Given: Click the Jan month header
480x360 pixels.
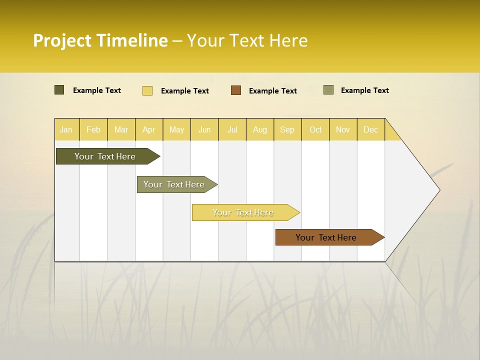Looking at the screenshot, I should click(x=66, y=129).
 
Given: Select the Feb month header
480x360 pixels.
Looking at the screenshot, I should click(x=93, y=129).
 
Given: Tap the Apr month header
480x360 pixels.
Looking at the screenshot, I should click(x=148, y=129).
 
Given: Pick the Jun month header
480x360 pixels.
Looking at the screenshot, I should click(x=204, y=129).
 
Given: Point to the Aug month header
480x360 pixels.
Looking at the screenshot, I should click(x=259, y=129).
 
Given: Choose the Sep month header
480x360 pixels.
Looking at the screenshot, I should click(x=287, y=129).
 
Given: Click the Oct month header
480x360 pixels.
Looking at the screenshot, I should click(x=315, y=129).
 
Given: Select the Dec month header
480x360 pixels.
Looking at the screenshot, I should click(x=370, y=129).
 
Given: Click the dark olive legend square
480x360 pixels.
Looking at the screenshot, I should click(x=59, y=90).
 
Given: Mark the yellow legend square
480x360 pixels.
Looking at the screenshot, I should click(x=147, y=90).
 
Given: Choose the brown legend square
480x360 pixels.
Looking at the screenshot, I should click(x=236, y=90).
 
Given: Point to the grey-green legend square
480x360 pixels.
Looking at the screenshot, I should click(x=328, y=90).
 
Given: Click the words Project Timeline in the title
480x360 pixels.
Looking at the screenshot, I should click(x=100, y=40).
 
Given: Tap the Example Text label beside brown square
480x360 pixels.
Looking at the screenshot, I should click(x=272, y=91).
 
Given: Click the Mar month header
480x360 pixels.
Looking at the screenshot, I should click(x=121, y=129).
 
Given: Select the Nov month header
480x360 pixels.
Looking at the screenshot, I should click(x=342, y=129).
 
